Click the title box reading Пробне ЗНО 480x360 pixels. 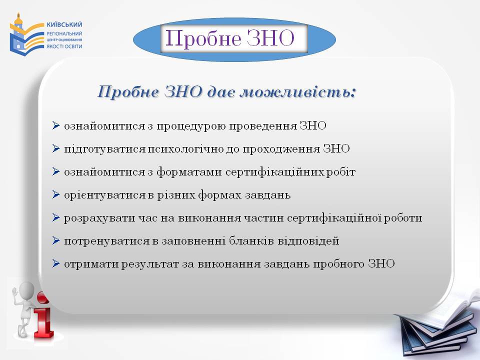pyautogui.click(x=234, y=38)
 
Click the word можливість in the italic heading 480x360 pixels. pyautogui.click(x=298, y=92)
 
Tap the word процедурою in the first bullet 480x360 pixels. pyautogui.click(x=191, y=126)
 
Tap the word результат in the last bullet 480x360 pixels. pyautogui.click(x=150, y=264)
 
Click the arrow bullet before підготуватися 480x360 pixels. pyautogui.click(x=56, y=148)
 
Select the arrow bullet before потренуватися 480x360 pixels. pyautogui.click(x=56, y=240)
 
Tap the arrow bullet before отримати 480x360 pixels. pyautogui.click(x=56, y=263)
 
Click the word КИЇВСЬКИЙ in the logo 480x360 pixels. pyautogui.click(x=64, y=24)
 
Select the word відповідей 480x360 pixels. pyautogui.click(x=308, y=241)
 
